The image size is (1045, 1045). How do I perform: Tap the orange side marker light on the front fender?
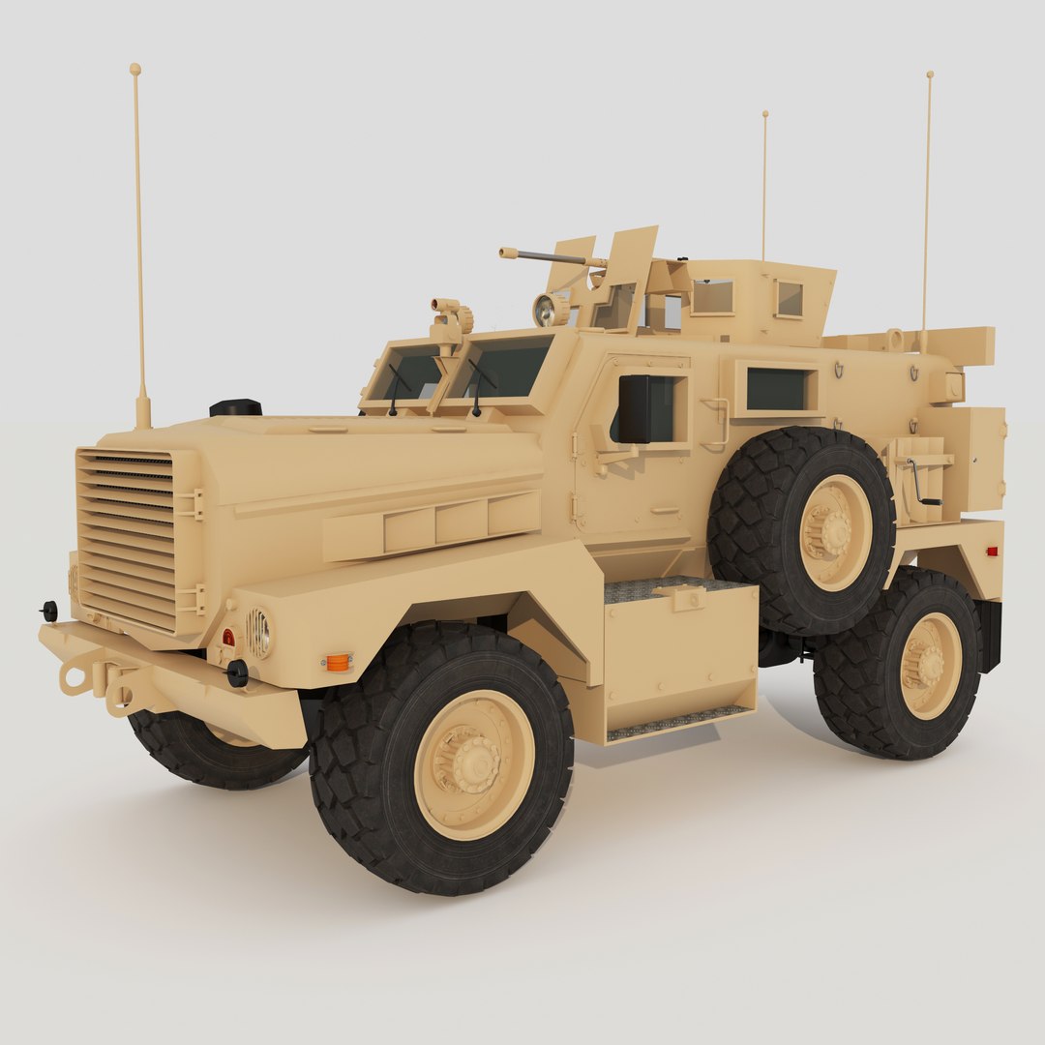pyautogui.click(x=337, y=662)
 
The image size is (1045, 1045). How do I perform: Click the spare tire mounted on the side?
pyautogui.click(x=800, y=530)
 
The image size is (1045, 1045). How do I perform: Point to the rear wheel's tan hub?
pyautogui.click(x=930, y=666)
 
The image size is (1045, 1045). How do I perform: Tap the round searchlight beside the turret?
pyautogui.click(x=551, y=310)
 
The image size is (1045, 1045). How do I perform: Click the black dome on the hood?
pyautogui.click(x=235, y=407)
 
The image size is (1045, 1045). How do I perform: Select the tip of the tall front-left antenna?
pyautogui.click(x=135, y=70)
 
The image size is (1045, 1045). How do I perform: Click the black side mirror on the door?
pyautogui.click(x=634, y=408)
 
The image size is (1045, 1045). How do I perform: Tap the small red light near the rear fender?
pyautogui.click(x=991, y=552)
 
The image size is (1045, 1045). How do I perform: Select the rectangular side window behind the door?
pyautogui.click(x=776, y=389)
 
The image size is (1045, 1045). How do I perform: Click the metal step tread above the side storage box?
pyautogui.click(x=668, y=587)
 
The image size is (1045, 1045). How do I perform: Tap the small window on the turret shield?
pyautogui.click(x=790, y=299)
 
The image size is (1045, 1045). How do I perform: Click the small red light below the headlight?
pyautogui.click(x=228, y=638)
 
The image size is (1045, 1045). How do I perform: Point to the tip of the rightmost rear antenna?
pyautogui.click(x=930, y=75)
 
